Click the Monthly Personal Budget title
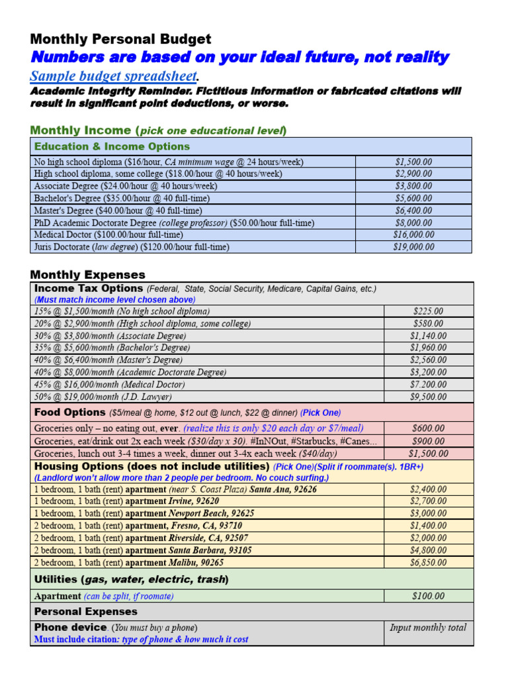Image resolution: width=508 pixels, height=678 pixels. click(x=121, y=39)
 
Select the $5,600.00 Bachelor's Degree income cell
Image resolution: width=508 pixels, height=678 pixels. click(x=413, y=198)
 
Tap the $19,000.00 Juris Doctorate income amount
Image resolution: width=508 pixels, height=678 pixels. click(x=413, y=247)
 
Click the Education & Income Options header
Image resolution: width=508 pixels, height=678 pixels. click(x=112, y=146)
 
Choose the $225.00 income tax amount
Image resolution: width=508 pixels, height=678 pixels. click(x=428, y=311)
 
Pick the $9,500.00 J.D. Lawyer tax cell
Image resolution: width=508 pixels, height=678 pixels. click(x=428, y=397)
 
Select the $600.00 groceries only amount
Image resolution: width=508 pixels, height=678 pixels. click(x=428, y=428)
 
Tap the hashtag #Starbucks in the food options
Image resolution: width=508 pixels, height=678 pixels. click(x=310, y=441)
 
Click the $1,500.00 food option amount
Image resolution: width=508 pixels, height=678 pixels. click(x=428, y=454)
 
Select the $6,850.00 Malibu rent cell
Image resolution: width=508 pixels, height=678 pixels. click(x=428, y=562)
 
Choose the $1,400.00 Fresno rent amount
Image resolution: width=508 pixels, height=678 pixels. click(x=428, y=525)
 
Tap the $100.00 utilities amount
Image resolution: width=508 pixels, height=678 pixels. click(x=428, y=596)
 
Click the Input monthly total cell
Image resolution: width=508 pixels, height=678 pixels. click(x=428, y=628)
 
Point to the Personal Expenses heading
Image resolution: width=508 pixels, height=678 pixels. click(x=86, y=611)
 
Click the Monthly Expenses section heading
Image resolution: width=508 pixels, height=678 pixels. click(x=88, y=275)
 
